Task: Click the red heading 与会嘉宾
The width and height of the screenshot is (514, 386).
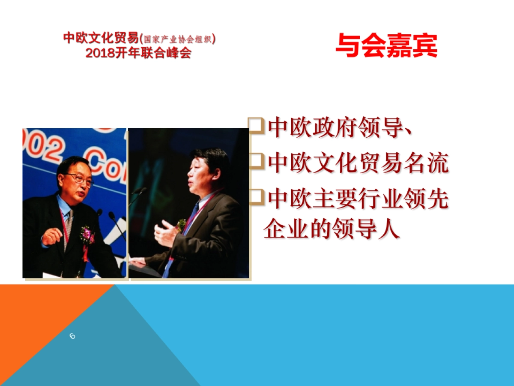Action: tap(386, 45)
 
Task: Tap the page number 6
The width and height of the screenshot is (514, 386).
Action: tap(72, 336)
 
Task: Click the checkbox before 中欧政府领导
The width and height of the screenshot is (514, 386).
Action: tap(256, 126)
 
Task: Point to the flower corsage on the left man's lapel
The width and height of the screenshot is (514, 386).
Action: tap(87, 234)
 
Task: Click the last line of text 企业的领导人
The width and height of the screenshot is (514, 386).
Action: tap(331, 229)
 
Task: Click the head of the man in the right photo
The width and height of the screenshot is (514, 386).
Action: tap(206, 169)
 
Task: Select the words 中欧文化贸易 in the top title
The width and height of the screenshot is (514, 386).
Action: tap(101, 39)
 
